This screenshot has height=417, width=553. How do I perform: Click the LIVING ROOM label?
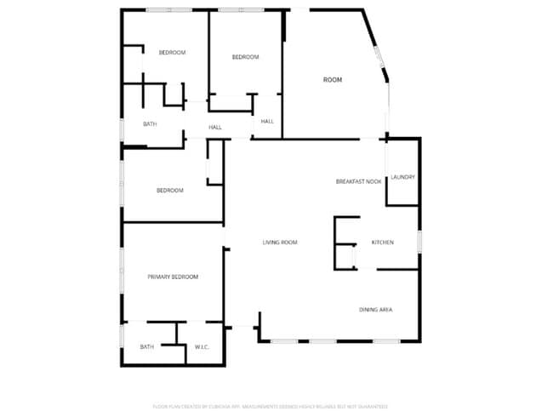[279, 243]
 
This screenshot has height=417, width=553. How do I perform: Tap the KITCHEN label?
[383, 243]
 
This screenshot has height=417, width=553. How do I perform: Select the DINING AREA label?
[375, 309]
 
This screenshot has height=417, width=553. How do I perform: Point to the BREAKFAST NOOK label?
[358, 181]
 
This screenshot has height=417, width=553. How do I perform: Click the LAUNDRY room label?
[402, 177]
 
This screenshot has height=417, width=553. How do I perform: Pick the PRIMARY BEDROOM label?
[173, 277]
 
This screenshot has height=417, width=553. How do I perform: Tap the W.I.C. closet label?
[202, 346]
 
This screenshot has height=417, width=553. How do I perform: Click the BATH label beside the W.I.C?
[147, 346]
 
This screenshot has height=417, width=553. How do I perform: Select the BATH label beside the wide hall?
[150, 124]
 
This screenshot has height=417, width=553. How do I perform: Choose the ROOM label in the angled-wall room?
[333, 79]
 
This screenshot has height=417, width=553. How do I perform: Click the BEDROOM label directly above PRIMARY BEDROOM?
[169, 190]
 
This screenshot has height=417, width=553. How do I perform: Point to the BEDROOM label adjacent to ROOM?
[245, 56]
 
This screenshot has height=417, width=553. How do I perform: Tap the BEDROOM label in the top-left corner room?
[172, 53]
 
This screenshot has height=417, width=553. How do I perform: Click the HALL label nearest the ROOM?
[267, 122]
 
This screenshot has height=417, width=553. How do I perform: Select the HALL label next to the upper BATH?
[215, 128]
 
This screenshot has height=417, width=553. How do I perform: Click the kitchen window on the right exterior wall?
[419, 242]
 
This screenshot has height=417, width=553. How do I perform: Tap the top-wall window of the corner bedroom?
[168, 9]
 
